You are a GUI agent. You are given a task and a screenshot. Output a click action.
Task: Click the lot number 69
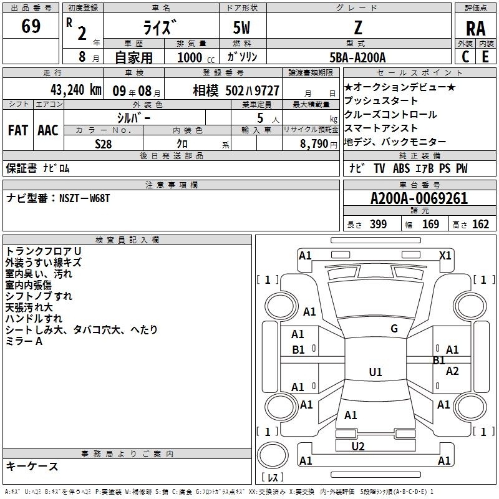point(31,26)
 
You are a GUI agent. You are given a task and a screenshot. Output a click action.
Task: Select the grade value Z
point(358,27)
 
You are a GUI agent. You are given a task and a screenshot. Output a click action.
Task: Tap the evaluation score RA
point(476,29)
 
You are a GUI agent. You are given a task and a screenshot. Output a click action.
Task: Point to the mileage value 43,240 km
point(75,90)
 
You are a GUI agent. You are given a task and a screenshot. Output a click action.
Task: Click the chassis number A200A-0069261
point(419,198)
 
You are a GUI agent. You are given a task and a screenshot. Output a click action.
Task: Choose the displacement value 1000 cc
point(196,57)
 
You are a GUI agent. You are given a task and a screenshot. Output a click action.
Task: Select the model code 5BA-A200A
point(357,57)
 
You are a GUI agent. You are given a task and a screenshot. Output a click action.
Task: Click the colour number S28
point(104,144)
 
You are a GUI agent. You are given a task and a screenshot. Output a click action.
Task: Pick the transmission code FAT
point(18,130)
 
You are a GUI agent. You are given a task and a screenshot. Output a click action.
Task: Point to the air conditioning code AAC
point(48,130)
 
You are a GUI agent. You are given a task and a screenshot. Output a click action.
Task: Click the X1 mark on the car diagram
point(445,256)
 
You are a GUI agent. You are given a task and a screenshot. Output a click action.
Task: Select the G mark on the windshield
point(394,329)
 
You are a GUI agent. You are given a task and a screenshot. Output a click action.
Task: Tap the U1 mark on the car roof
point(375,372)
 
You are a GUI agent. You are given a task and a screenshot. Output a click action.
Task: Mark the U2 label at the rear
point(358,446)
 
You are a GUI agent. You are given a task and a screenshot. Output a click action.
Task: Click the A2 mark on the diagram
point(452,371)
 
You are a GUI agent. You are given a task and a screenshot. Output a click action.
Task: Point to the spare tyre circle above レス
point(273,455)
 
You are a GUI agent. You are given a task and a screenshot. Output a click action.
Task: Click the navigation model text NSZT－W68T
point(84,198)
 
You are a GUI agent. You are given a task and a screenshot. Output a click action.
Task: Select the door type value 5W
point(241,27)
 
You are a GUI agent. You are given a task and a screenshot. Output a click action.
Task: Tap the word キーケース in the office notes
point(32,466)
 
